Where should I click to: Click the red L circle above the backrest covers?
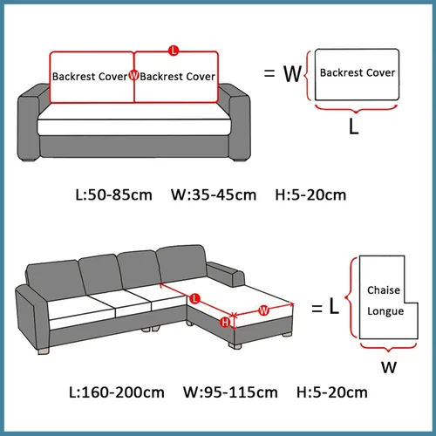(x=174, y=51)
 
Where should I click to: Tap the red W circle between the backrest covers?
(x=133, y=75)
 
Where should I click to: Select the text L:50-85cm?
(x=113, y=195)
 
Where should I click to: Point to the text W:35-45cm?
(x=214, y=195)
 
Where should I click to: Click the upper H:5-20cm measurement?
(x=310, y=195)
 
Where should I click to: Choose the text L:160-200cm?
(x=117, y=392)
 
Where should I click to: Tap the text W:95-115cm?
(x=230, y=392)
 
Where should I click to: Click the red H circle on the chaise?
(x=225, y=323)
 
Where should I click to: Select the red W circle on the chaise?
(x=263, y=310)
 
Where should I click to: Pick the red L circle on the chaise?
(x=194, y=298)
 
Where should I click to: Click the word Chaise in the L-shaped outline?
(x=384, y=290)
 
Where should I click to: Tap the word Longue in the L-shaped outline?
(x=385, y=311)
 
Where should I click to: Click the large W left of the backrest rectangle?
(x=292, y=74)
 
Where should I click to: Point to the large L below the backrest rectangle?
(x=354, y=126)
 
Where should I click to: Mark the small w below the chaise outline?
(x=389, y=367)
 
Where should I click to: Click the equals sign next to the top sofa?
(x=269, y=73)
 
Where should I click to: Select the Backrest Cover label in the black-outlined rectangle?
(x=358, y=72)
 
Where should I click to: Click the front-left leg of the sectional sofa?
(x=44, y=351)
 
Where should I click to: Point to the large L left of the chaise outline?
(x=334, y=306)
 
